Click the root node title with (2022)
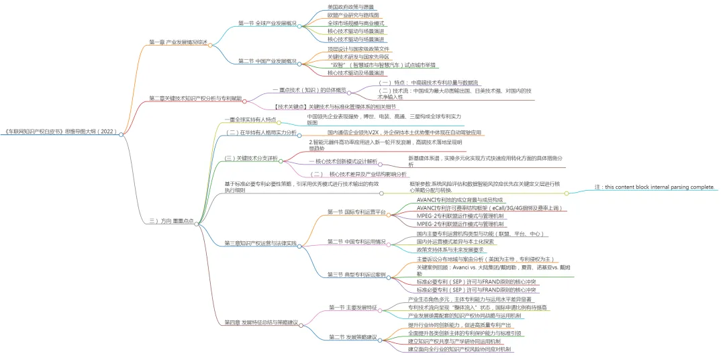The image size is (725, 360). coord(60,133)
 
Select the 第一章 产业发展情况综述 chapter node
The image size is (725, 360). coord(178,42)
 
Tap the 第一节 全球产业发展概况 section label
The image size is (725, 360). coord(267,23)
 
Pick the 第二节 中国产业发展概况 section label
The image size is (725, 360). coord(267,61)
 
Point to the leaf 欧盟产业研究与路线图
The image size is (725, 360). coord(353,14)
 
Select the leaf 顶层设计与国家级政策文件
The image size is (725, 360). coord(358,49)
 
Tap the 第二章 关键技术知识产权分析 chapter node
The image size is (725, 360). coord(195,98)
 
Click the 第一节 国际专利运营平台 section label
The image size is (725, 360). coord(356,212)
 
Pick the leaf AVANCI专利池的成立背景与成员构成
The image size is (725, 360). coord(459,199)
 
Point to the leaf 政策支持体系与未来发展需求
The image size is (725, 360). coord(450,249)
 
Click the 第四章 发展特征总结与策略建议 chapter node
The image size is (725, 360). coord(260,322)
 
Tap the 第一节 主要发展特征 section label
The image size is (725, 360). coord(350,307)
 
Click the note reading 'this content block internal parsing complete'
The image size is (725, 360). coord(655,187)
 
